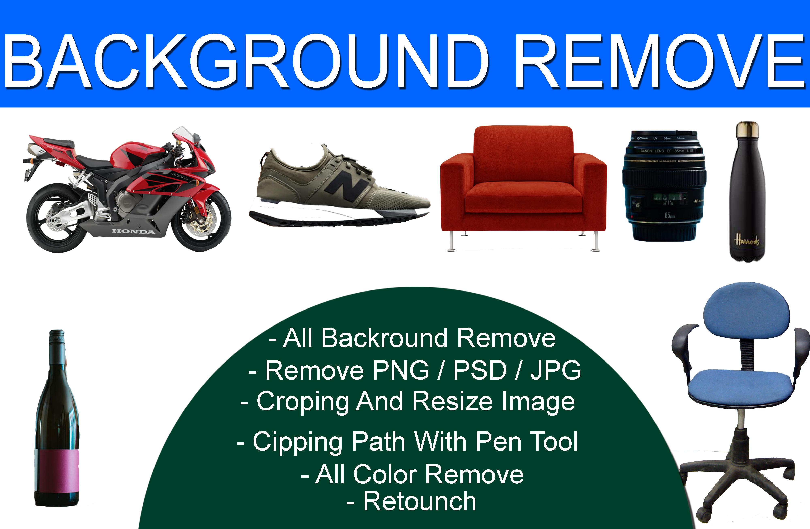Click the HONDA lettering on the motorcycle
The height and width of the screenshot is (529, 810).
[134, 232]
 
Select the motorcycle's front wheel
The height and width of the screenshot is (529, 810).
[201, 221]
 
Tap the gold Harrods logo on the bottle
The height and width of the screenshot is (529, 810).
[747, 240]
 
